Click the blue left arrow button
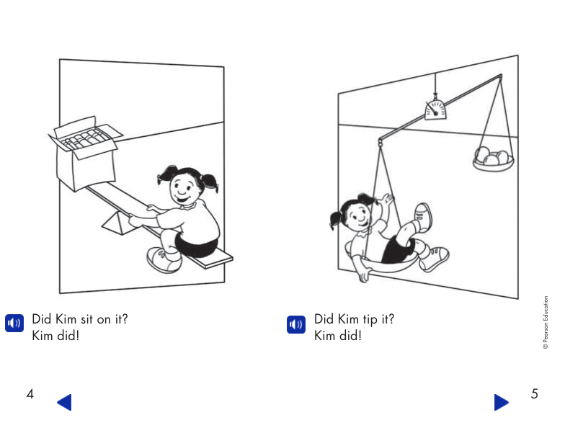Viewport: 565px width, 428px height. tap(64, 402)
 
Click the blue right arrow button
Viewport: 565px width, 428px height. tap(501, 402)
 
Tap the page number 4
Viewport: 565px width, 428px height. tap(30, 394)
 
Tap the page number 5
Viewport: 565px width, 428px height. tap(534, 394)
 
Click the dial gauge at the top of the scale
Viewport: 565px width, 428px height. tap(435, 109)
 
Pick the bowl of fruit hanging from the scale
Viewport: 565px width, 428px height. tap(493, 159)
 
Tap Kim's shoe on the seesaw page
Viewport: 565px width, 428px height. tap(161, 259)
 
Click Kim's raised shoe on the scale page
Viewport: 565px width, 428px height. tap(423, 215)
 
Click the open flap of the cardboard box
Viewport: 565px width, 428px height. tap(74, 125)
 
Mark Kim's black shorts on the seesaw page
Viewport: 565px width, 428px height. tap(196, 246)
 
